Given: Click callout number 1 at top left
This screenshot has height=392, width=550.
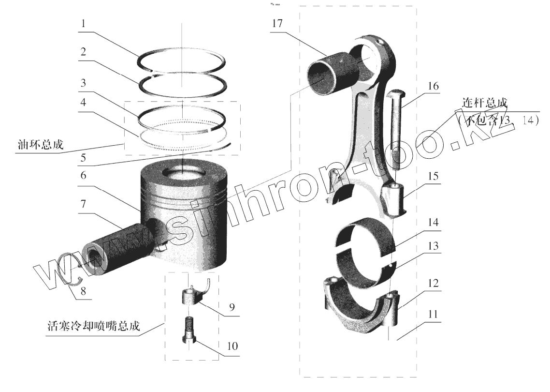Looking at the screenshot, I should pos(84,23).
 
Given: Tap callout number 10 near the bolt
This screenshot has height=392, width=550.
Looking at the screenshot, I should pos(232,347).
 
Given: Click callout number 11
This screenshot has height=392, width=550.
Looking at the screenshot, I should pos(433,315).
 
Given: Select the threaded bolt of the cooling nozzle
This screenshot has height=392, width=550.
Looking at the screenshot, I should pos(187,328).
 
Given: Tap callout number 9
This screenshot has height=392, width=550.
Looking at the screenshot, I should pos(232,307).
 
